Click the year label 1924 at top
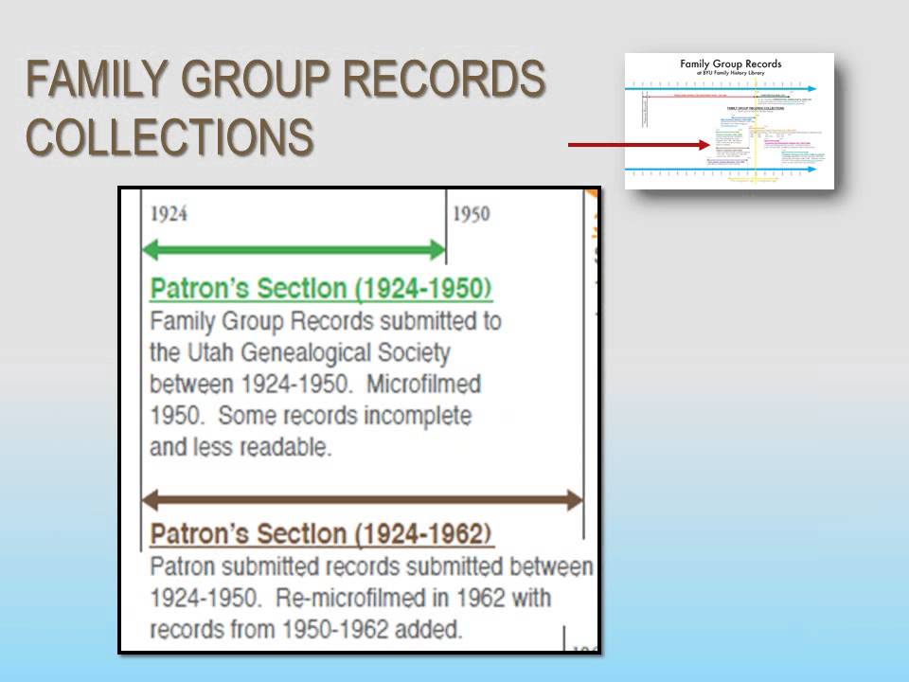pos(169,214)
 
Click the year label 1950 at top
pos(471,214)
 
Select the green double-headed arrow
pos(294,251)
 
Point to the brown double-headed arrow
pos(362,500)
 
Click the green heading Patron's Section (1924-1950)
pos(321,288)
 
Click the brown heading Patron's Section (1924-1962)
pos(321,534)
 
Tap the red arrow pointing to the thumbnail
pos(638,145)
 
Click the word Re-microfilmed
pos(348,599)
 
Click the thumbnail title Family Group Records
pos(730,63)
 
